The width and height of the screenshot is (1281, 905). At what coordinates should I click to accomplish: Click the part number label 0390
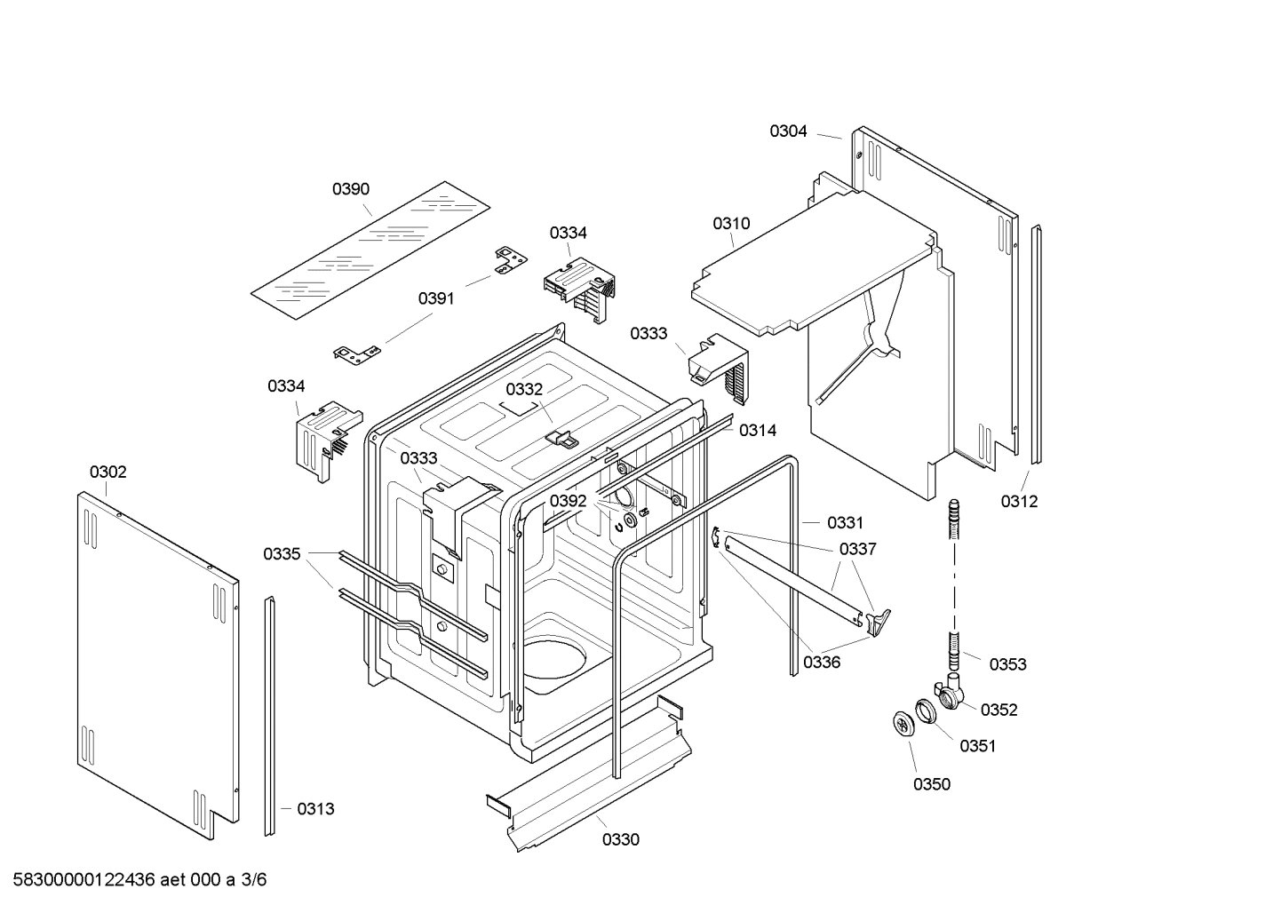[x=351, y=189]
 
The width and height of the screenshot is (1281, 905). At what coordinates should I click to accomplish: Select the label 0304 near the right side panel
[x=788, y=131]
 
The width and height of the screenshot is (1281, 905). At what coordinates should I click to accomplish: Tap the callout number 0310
[x=731, y=224]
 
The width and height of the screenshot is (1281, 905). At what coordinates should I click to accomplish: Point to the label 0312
[x=1019, y=501]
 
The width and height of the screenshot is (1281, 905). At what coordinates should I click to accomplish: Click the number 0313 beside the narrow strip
[x=315, y=809]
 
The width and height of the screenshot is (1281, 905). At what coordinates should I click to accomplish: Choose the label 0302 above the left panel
[x=107, y=472]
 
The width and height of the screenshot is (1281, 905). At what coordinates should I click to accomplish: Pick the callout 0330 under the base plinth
[x=620, y=839]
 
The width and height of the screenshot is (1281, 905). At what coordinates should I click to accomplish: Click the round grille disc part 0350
[x=903, y=724]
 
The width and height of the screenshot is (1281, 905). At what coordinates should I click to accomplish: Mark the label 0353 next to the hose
[x=1007, y=664]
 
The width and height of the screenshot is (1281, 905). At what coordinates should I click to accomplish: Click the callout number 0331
[x=845, y=523]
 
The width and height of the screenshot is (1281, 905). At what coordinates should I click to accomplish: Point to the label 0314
[x=758, y=431]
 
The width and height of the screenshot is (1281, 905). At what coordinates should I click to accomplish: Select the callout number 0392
[x=568, y=501]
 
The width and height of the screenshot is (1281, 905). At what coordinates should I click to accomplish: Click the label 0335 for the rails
[x=282, y=554]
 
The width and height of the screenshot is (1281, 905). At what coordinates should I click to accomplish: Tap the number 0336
[x=822, y=662]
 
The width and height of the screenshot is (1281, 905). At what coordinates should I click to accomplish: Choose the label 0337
[x=857, y=549]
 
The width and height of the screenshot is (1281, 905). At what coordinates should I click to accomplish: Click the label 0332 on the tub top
[x=524, y=389]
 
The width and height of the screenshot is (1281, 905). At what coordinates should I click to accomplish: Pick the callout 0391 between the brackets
[x=436, y=298]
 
